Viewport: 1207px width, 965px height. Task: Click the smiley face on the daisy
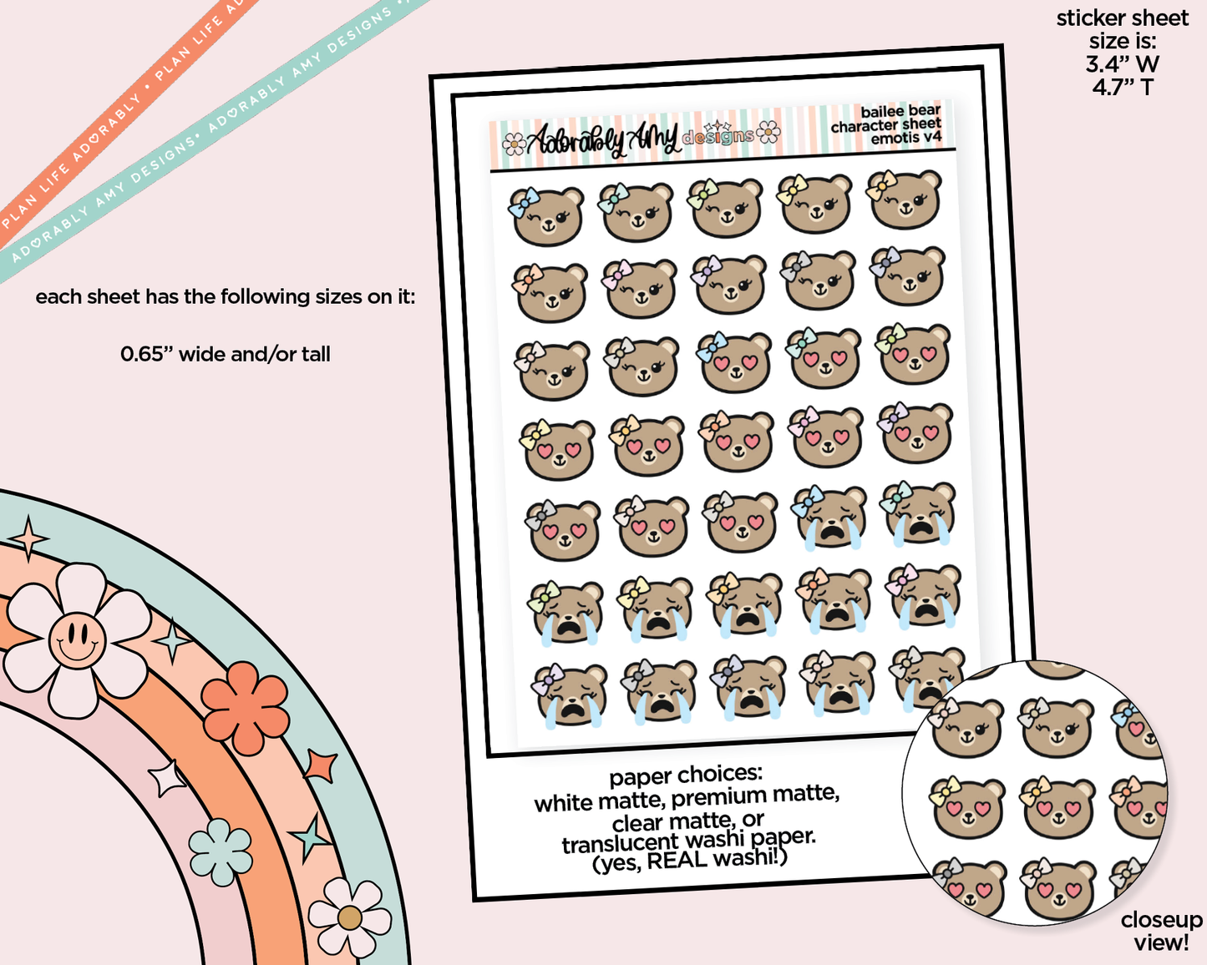pyautogui.click(x=77, y=640)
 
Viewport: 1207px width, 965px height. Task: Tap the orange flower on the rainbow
pyautogui.click(x=246, y=707)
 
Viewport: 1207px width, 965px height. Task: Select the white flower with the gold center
pyautogui.click(x=349, y=918)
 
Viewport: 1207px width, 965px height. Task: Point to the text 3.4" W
pyautogui.click(x=1122, y=63)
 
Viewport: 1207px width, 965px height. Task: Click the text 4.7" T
pyautogui.click(x=1122, y=87)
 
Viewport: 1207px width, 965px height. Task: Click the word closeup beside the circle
pyautogui.click(x=1161, y=920)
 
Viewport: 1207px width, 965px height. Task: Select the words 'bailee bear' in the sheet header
pyautogui.click(x=900, y=111)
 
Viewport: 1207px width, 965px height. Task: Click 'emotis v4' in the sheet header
pyautogui.click(x=905, y=138)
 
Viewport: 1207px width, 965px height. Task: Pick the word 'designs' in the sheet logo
pyautogui.click(x=718, y=135)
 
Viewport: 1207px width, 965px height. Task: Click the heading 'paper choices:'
pyautogui.click(x=685, y=776)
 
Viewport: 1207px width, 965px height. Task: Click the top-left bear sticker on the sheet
pyautogui.click(x=547, y=215)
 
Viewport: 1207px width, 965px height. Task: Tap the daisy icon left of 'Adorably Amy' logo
pyautogui.click(x=514, y=145)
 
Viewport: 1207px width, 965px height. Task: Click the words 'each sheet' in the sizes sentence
pyautogui.click(x=88, y=297)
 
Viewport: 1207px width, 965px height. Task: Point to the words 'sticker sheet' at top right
pyautogui.click(x=1122, y=18)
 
